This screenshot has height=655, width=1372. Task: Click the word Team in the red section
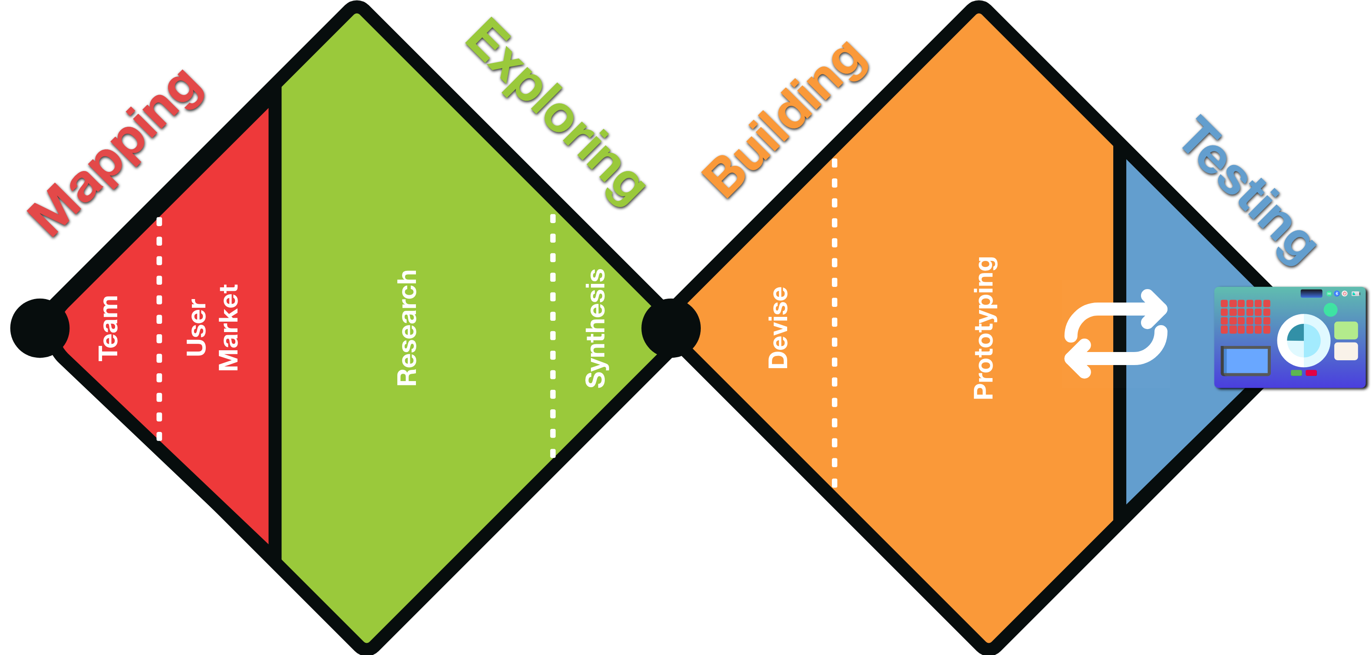click(x=108, y=329)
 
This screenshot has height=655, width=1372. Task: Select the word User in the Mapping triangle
click(x=196, y=327)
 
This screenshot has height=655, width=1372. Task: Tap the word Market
click(x=229, y=327)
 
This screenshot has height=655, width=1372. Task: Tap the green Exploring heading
click(x=555, y=112)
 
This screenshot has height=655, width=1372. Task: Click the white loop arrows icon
click(x=1116, y=334)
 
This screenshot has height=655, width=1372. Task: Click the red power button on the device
click(x=1344, y=293)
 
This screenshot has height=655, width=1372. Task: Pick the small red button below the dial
click(x=1311, y=373)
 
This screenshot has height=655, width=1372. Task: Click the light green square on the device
click(x=1346, y=330)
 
